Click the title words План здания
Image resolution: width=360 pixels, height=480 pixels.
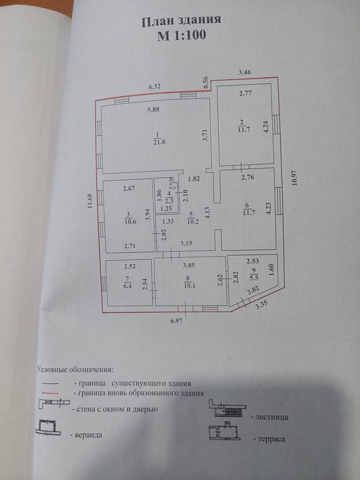click(x=181, y=21)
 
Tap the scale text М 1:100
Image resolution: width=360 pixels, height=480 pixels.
click(x=181, y=36)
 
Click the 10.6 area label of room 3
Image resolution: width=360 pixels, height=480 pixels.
click(x=129, y=220)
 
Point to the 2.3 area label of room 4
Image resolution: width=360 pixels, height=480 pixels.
click(x=169, y=200)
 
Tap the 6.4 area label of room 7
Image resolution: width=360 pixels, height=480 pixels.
click(x=128, y=285)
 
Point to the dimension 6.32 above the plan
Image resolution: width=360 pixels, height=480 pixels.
click(x=155, y=87)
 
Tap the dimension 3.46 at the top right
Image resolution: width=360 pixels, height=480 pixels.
click(x=245, y=73)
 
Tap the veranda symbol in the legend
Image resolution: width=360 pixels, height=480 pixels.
click(x=49, y=428)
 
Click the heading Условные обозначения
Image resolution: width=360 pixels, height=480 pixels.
click(x=75, y=369)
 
